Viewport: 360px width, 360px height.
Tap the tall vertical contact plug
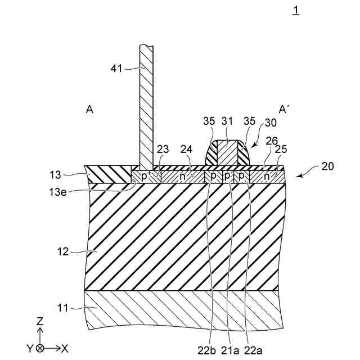146,107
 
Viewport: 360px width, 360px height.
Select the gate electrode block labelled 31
228,152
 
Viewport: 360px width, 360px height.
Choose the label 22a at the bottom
253,349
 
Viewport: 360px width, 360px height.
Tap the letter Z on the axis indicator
40,322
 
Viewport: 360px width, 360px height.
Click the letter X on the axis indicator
65,348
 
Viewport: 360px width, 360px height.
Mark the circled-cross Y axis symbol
40,348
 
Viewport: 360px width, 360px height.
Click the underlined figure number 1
296,10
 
